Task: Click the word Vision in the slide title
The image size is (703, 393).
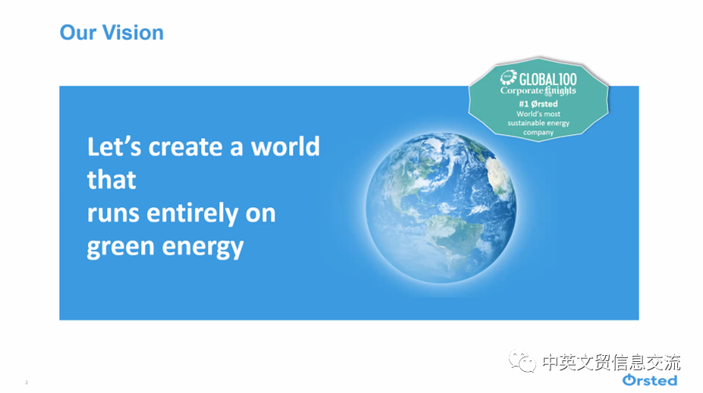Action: (133, 33)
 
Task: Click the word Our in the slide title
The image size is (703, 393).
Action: (78, 33)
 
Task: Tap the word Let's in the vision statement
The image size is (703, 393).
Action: (115, 146)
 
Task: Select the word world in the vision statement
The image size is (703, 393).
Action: (285, 146)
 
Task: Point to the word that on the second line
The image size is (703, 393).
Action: (111, 180)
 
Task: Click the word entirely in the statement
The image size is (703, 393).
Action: (193, 213)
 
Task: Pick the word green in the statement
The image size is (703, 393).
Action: (121, 247)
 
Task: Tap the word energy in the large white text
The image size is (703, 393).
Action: (202, 247)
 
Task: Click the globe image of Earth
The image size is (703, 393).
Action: (441, 208)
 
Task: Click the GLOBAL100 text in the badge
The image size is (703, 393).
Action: (548, 79)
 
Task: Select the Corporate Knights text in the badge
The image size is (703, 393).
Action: (538, 90)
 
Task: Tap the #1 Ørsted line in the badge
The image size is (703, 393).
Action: (538, 104)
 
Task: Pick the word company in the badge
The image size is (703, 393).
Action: (538, 132)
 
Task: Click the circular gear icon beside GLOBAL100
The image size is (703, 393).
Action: (509, 77)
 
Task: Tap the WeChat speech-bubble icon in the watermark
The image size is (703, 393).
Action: (523, 361)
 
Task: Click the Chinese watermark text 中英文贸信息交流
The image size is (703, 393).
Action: (611, 363)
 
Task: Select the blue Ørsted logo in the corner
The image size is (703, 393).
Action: (650, 380)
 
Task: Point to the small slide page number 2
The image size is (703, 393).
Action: (27, 382)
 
